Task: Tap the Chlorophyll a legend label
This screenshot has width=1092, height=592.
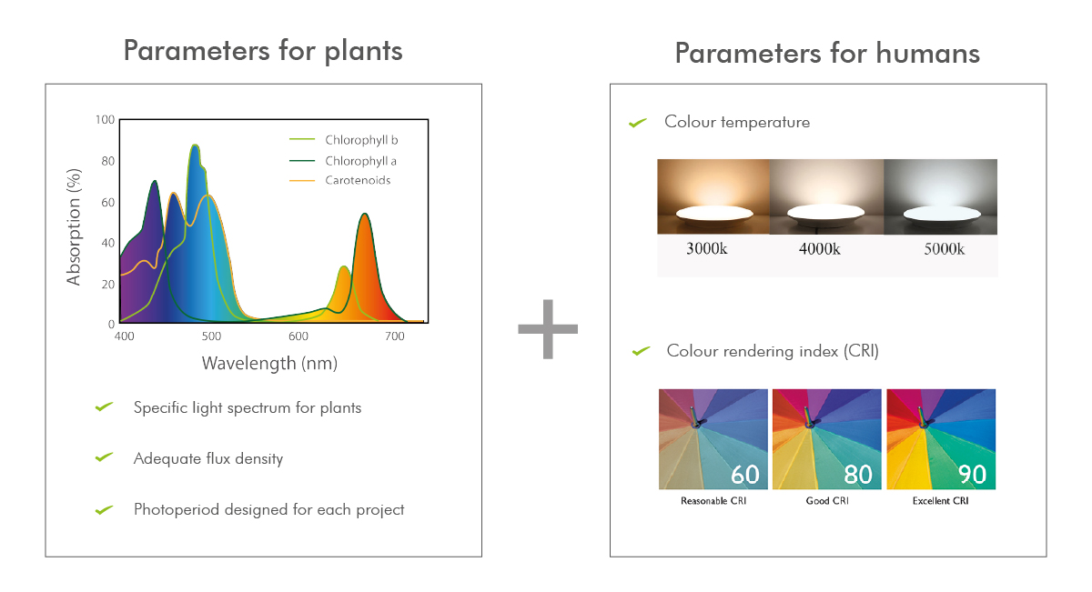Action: coord(360,161)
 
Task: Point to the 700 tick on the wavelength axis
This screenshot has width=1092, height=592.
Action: coord(394,336)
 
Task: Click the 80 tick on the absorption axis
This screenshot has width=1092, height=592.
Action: coord(107,161)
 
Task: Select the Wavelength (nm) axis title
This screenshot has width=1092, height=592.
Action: coord(269,364)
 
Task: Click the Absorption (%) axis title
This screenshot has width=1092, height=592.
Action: coord(74,227)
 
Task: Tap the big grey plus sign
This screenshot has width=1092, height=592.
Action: coord(548,329)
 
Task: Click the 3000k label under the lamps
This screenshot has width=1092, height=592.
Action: coord(706,249)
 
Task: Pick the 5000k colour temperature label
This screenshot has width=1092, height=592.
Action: coord(944,249)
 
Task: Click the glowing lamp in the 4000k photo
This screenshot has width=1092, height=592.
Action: coord(826,213)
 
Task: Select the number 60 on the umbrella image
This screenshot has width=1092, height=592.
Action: coord(745,475)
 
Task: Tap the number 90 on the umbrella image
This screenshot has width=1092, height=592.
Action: coord(972,475)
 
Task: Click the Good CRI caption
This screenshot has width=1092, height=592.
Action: coord(827,501)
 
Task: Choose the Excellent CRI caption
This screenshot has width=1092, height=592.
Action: coord(940,501)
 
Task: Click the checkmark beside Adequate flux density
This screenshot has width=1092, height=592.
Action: coord(105,457)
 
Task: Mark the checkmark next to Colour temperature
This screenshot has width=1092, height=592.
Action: coord(638,123)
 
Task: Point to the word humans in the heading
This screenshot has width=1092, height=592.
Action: coord(927,54)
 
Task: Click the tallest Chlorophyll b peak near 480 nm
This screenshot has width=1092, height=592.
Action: coord(195,145)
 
